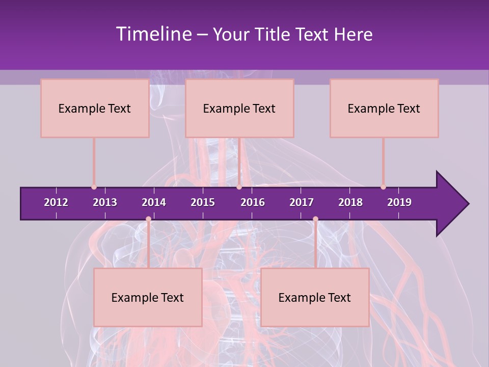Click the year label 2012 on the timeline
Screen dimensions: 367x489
pos(56,202)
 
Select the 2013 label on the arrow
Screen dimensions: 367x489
pos(105,202)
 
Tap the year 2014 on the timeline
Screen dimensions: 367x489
pos(154,202)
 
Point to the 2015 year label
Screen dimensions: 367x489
pos(203,202)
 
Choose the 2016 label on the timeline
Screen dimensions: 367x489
pos(253,202)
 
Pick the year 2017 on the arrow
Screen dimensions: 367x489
pos(302,202)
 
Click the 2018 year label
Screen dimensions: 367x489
pos(350,202)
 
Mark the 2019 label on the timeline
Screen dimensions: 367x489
pos(399,202)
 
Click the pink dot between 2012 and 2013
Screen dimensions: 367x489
pos(94,187)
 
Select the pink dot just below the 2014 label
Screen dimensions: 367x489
pos(148,219)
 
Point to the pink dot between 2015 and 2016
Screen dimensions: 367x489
pos(239,187)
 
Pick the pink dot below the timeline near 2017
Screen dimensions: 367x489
pos(315,219)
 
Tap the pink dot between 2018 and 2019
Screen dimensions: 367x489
pos(383,187)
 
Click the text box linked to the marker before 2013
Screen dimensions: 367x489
pos(95,108)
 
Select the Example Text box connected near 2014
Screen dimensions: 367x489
pos(148,297)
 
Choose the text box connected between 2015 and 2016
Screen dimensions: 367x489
pos(239,108)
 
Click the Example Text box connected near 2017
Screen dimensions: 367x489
pos(315,297)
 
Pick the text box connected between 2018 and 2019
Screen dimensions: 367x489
pos(384,108)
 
